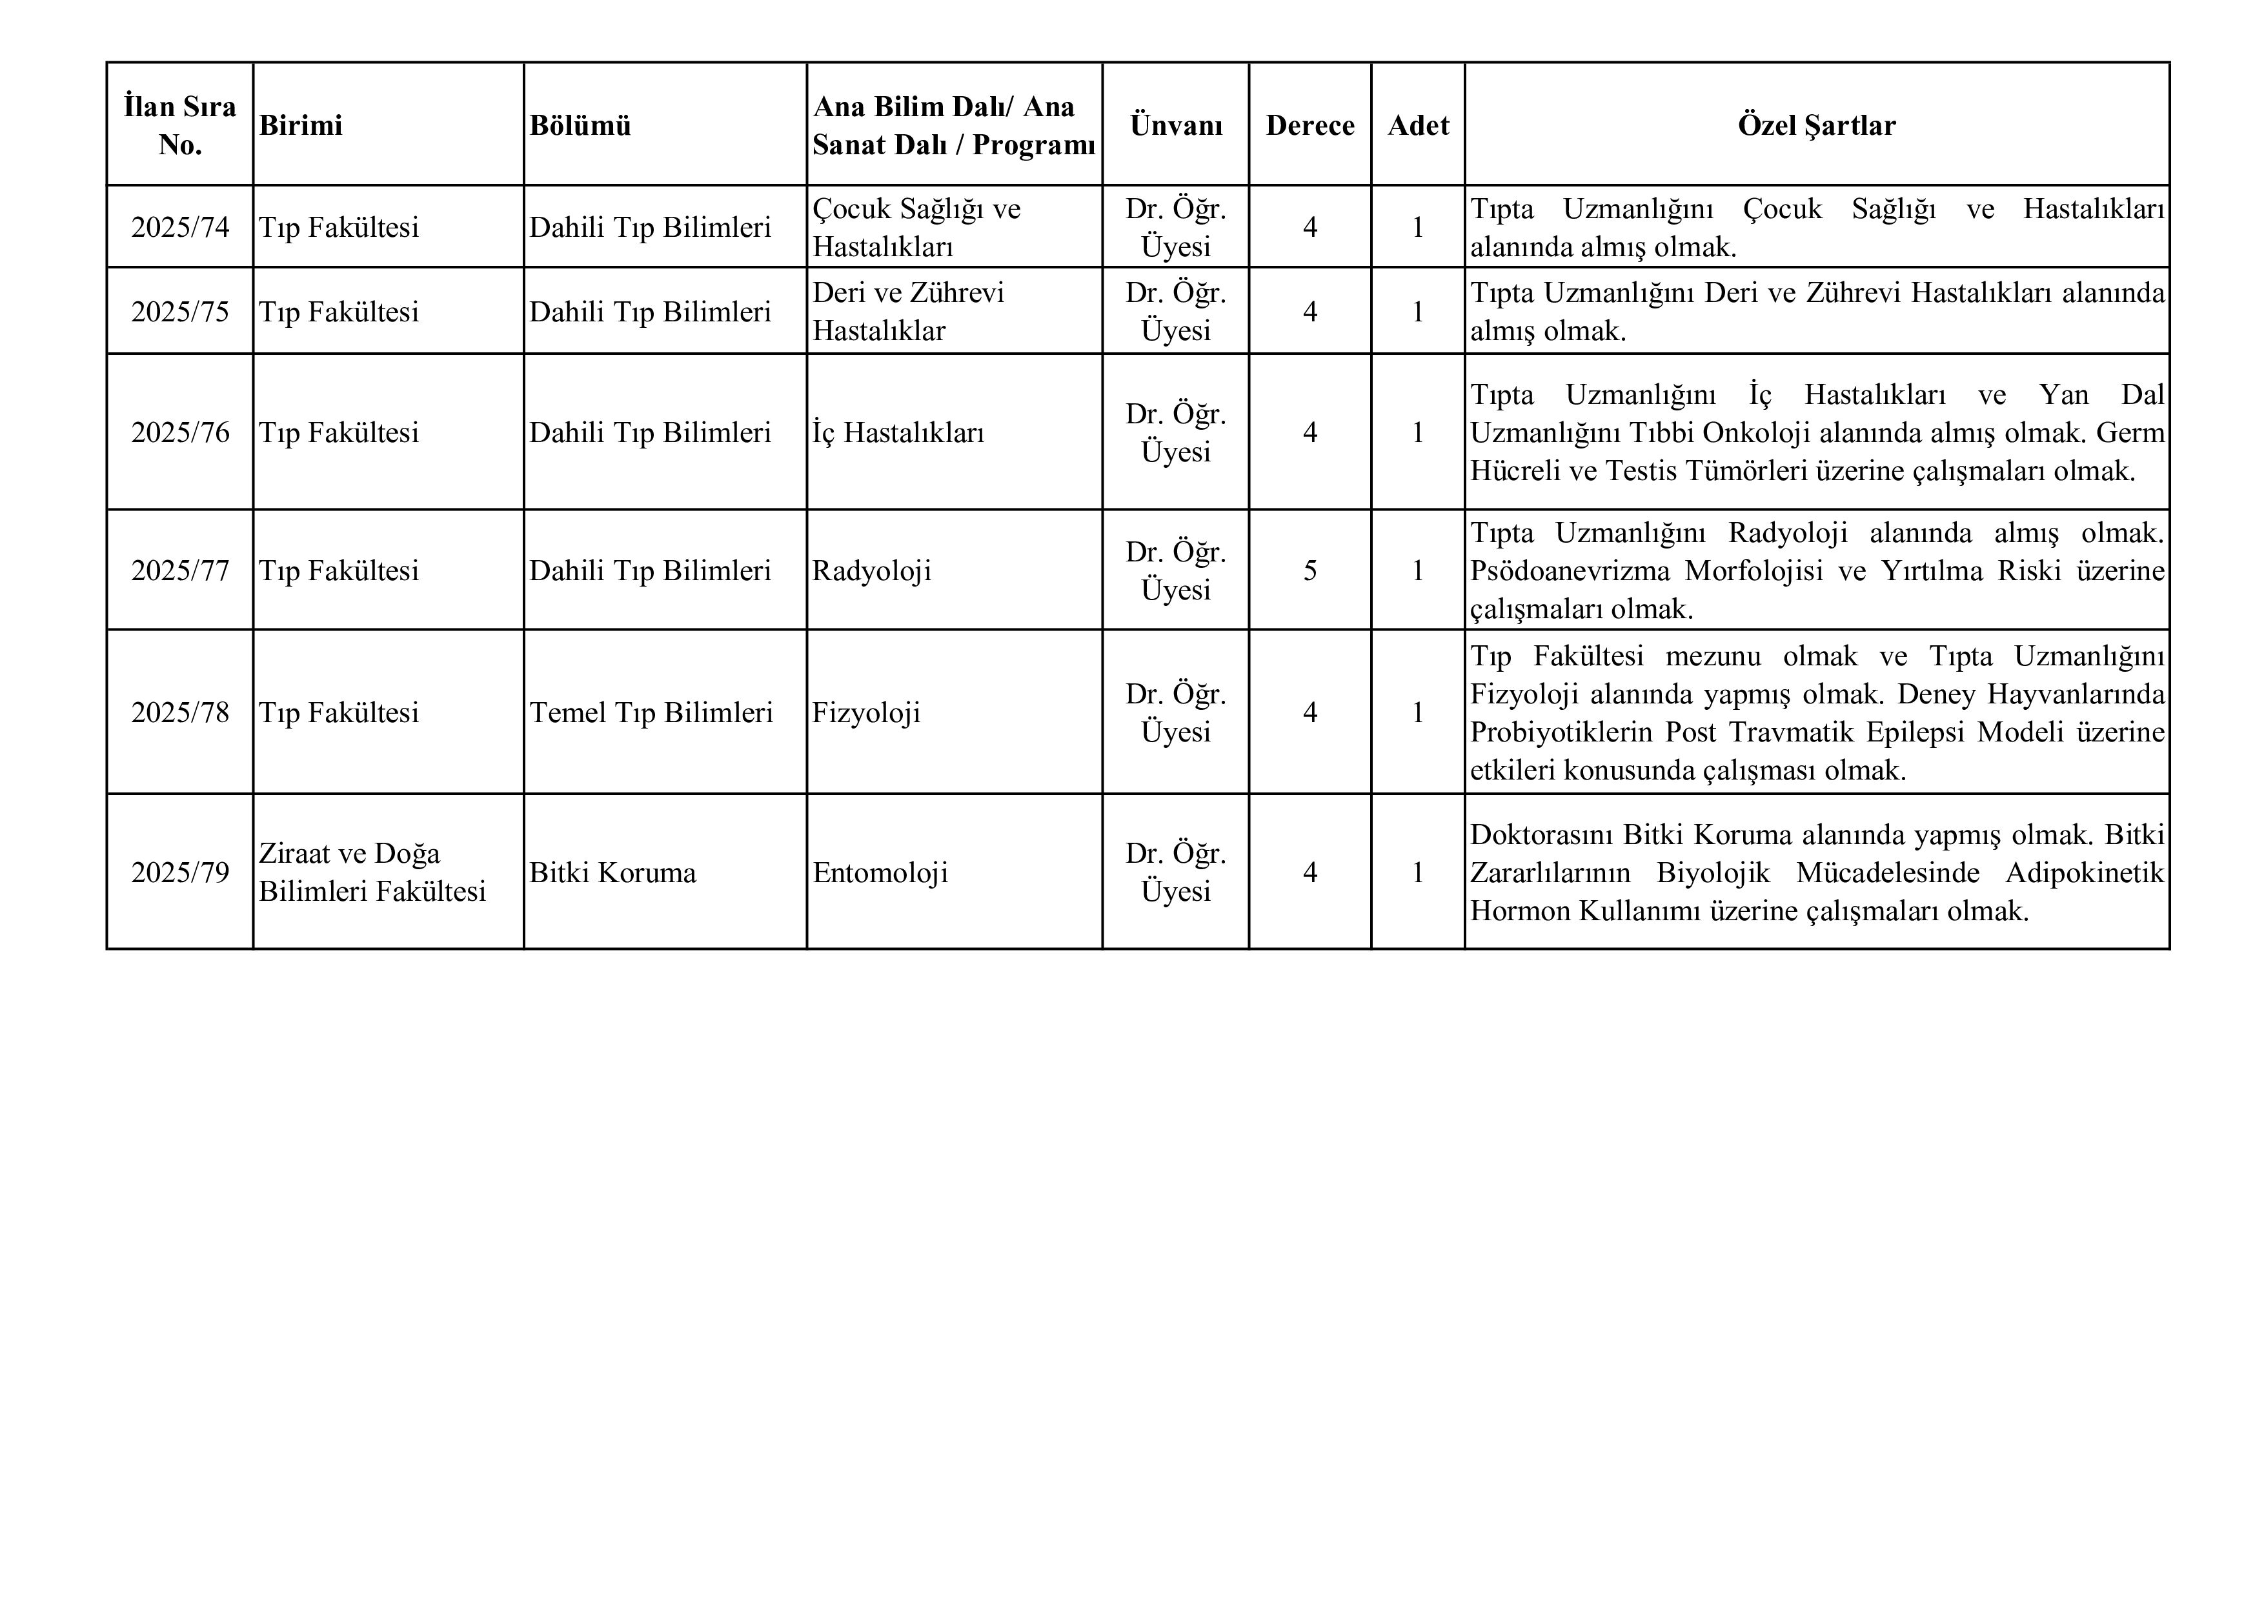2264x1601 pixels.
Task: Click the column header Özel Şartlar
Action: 1815,125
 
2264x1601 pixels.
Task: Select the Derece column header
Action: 1309,125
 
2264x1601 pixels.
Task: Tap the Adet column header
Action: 1418,125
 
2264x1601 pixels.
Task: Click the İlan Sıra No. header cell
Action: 179,125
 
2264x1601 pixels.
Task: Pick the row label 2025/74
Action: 179,228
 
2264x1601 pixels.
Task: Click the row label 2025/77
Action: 179,571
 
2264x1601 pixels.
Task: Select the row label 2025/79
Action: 179,872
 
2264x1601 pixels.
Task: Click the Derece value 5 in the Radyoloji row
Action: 1309,571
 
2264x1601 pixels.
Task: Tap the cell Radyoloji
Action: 872,571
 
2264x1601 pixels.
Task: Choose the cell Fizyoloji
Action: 865,713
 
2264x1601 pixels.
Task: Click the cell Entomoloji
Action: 880,872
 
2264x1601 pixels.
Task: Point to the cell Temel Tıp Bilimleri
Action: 651,713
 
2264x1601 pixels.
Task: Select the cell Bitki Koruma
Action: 612,872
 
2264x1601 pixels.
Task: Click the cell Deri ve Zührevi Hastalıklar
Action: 907,312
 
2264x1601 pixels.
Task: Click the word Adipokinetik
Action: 2085,872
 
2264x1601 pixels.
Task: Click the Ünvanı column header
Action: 1175,125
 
